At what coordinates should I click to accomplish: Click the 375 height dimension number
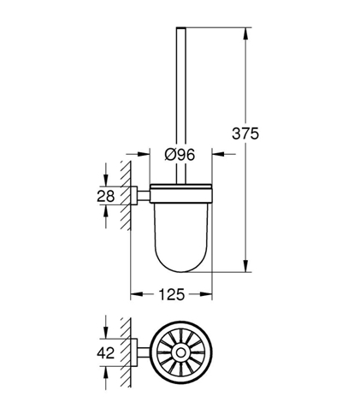point(245,133)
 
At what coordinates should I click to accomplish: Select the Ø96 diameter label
point(180,155)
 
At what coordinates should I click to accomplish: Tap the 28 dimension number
point(106,196)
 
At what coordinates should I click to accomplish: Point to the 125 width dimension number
point(172,294)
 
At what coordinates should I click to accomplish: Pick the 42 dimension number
point(106,353)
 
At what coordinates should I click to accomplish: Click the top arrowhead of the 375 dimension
point(246,33)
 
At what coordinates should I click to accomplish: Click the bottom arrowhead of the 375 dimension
point(246,266)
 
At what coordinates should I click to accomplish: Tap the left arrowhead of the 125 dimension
point(137,294)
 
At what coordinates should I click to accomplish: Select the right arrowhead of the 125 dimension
point(206,294)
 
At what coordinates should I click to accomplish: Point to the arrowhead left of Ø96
point(144,154)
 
